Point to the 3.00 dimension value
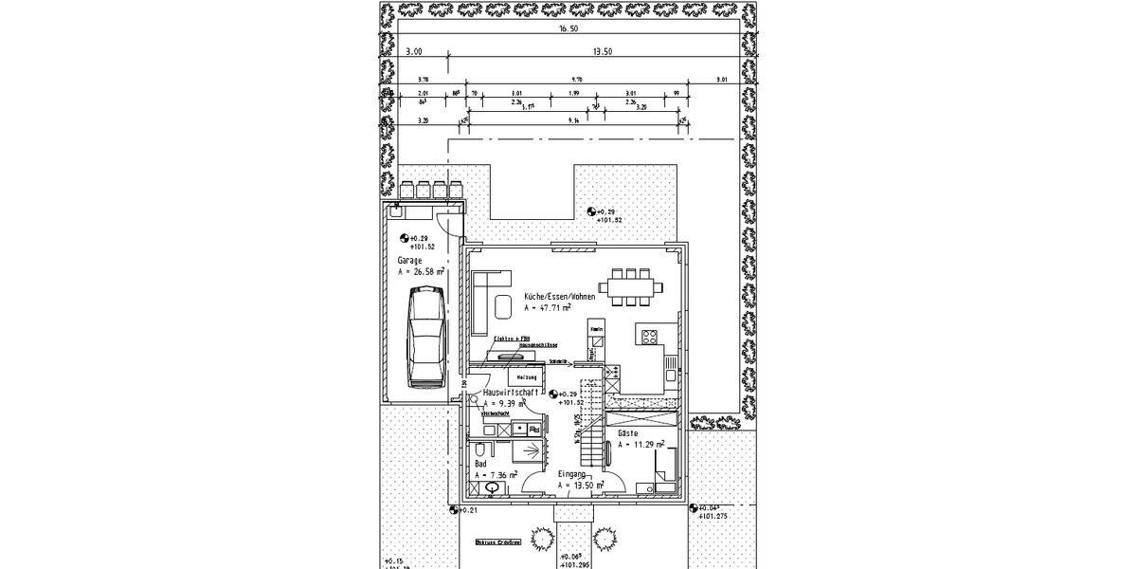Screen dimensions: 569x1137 (413, 51)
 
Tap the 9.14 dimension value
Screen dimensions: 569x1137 (573, 120)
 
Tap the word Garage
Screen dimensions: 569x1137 (410, 259)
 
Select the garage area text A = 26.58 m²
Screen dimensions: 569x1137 (421, 271)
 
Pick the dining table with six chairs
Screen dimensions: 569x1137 (630, 287)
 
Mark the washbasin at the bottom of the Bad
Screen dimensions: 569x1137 (492, 488)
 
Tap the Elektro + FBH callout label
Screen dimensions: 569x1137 (511, 339)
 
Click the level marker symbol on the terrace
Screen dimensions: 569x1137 (593, 212)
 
